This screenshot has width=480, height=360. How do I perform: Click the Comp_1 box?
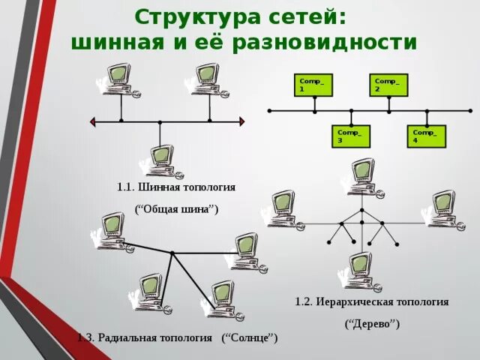point(313,84)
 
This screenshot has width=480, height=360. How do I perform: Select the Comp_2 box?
point(388,84)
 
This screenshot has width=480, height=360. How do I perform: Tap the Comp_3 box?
point(351,136)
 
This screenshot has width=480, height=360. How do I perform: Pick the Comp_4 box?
point(427,136)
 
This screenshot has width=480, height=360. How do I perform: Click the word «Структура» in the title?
point(194,16)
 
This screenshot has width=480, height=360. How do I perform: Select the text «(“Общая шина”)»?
point(177,209)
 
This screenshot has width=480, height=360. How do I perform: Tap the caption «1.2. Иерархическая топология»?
point(372,301)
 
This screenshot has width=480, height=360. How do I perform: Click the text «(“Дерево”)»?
point(372,324)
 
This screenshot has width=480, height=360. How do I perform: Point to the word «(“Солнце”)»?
point(250,338)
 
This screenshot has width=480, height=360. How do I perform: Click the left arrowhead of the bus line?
point(93,121)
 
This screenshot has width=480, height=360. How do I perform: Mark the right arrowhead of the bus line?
point(241,121)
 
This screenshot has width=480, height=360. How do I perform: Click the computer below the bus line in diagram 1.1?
point(160,160)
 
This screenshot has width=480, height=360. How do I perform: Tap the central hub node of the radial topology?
point(172,253)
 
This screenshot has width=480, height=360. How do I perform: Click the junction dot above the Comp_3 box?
point(351,111)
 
